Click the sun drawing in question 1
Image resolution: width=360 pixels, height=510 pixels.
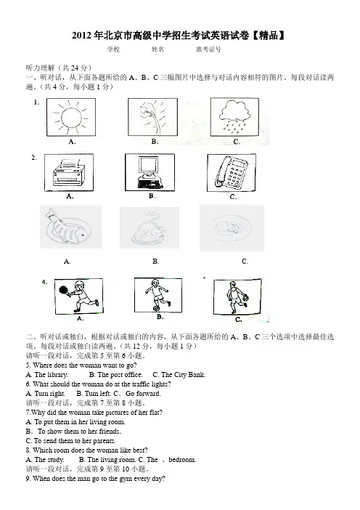[71, 118]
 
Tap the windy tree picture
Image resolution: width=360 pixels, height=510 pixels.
[153, 117]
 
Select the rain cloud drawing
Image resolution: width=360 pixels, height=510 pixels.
[234, 116]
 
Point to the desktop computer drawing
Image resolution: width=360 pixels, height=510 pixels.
[150, 172]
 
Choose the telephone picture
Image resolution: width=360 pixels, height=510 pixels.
[232, 173]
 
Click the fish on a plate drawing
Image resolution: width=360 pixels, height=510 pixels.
[68, 227]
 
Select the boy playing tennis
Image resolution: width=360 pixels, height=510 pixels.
[78, 296]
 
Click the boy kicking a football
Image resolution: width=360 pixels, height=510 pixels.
[157, 295]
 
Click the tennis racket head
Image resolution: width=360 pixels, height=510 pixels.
[63, 289]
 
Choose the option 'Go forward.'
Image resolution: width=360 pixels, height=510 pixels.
[143, 394]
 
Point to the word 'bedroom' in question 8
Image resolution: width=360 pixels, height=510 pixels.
[182, 460]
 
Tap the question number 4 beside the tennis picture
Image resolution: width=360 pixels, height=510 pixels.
[44, 282]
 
